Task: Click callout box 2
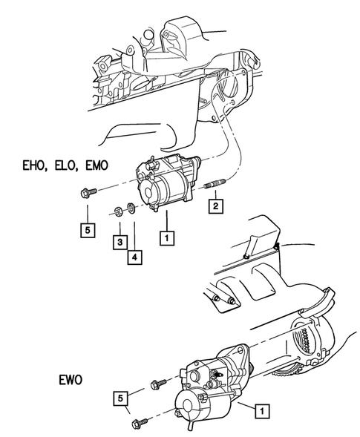click(214, 206)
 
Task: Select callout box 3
click(118, 241)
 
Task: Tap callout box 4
click(134, 257)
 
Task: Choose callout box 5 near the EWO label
click(119, 399)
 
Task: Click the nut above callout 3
click(118, 211)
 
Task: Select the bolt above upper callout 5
click(84, 194)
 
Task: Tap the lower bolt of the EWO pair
click(140, 424)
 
